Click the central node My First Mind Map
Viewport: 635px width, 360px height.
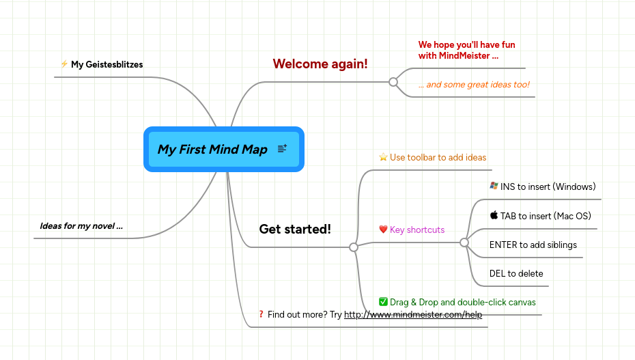tap(212, 150)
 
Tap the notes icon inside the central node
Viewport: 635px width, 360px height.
tap(283, 149)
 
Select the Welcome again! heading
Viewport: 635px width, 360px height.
tap(320, 64)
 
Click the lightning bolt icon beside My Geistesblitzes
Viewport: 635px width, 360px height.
tap(64, 64)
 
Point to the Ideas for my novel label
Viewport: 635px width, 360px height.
tap(81, 226)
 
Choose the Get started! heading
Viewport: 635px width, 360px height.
tap(295, 230)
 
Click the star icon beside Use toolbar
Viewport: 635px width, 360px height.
tap(383, 157)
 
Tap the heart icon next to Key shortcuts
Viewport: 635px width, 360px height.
tap(383, 230)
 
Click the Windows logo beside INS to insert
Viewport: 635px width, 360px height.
tap(494, 186)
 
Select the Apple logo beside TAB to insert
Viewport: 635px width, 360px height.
tap(494, 215)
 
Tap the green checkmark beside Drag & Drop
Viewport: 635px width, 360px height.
tap(383, 302)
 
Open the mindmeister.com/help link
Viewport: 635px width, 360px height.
tap(413, 315)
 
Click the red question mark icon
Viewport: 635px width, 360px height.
tap(262, 314)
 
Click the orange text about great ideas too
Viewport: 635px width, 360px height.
tap(474, 85)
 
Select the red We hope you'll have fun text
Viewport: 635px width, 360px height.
tap(467, 50)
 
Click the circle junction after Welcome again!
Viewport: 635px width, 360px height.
tap(393, 82)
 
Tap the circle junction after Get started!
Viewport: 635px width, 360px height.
tap(354, 247)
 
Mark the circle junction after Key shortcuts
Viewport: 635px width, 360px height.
tap(464, 243)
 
